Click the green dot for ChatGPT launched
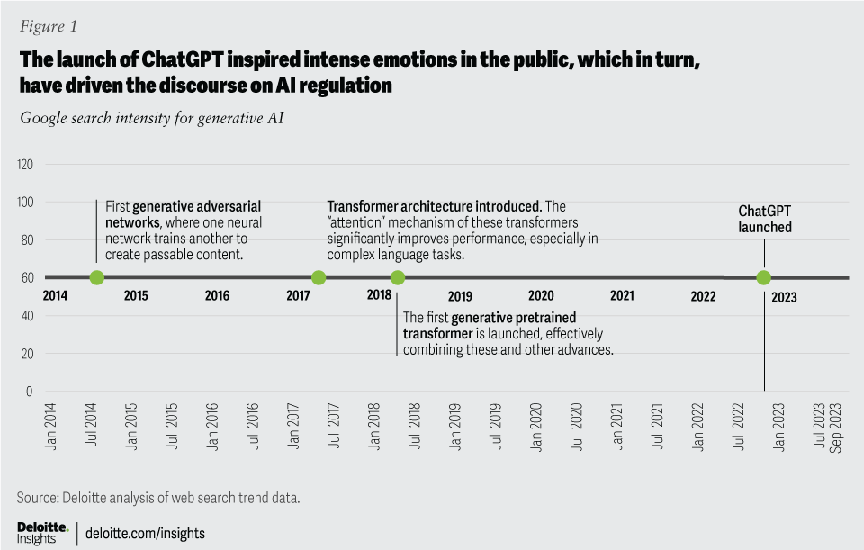pos(764,278)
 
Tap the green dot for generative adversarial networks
pos(97,278)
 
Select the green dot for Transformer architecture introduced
pos(318,278)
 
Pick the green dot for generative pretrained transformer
pos(398,278)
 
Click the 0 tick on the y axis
pos(30,392)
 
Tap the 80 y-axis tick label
pos(27,240)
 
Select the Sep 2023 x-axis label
pos(836,428)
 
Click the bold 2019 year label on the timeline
pos(460,295)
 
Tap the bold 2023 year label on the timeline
pos(783,295)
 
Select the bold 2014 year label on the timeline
pos(56,295)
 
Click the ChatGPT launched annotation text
pos(765,219)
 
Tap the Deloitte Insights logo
pos(42,531)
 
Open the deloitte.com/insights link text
pos(145,533)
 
